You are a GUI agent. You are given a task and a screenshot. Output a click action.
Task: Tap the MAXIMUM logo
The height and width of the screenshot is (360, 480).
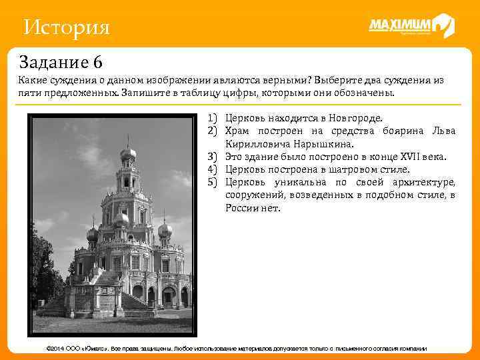tap(411, 26)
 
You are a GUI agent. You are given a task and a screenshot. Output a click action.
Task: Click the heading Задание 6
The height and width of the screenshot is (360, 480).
tap(61, 63)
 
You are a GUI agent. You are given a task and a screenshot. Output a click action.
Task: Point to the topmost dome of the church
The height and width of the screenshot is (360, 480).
tap(127, 153)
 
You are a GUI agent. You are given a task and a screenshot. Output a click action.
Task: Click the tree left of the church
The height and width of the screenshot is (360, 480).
tap(44, 267)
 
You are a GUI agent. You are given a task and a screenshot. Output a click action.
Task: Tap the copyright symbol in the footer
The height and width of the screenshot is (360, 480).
tap(45, 349)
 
